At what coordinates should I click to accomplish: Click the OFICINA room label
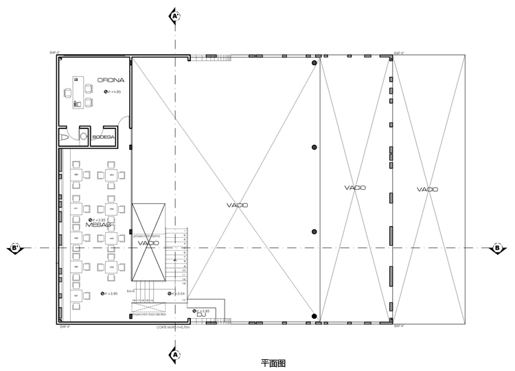111,80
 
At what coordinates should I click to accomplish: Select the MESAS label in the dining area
99,225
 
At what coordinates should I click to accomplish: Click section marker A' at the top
175,14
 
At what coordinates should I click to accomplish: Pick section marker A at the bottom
175,355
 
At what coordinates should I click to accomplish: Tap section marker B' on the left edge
16,248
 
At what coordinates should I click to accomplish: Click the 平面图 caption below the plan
273,363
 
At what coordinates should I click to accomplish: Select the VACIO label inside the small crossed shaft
148,243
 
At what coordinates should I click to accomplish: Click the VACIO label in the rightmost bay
427,189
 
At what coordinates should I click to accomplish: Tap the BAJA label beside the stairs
139,291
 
